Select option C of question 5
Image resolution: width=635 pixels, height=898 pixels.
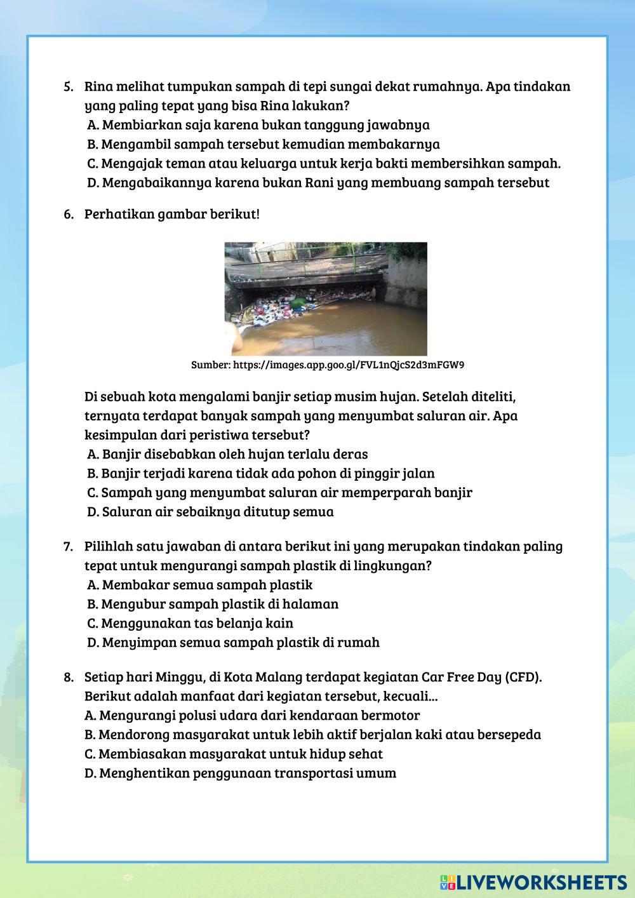pos(324,163)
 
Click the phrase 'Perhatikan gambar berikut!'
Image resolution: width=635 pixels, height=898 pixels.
pos(172,214)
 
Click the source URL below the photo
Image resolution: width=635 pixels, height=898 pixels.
pos(328,365)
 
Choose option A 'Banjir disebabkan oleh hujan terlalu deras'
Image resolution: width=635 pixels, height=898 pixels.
pos(227,454)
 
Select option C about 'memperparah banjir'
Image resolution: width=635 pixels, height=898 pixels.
pos(279,492)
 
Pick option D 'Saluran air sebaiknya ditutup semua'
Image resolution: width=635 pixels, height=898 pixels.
pos(210,511)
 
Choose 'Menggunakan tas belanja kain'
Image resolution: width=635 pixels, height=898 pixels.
pos(190,623)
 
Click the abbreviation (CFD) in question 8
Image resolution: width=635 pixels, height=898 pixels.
pos(524,677)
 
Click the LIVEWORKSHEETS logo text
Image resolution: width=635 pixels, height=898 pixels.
pos(540,881)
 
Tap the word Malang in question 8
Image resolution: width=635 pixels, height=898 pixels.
pos(283,677)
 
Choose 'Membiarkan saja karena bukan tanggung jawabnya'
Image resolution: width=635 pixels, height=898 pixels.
pos(258,124)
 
